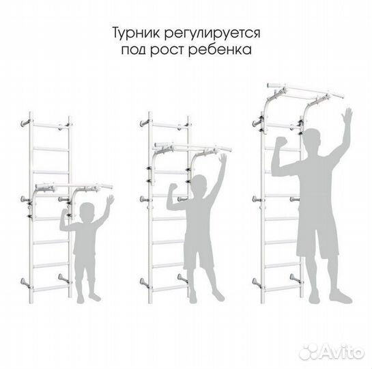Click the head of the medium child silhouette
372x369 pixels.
[x=198, y=184]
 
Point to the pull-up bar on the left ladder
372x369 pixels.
[x=69, y=184]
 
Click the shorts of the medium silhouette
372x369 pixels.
[x=198, y=252]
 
